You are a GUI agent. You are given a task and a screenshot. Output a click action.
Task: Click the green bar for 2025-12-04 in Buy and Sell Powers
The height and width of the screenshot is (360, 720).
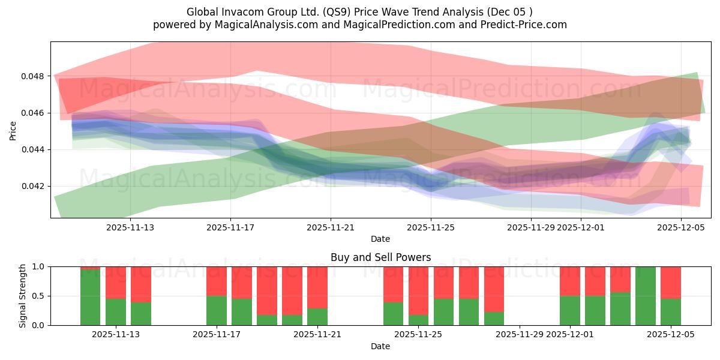[x=646, y=296]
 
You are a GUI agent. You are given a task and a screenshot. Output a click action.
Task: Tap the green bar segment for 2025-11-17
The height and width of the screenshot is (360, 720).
[x=217, y=310]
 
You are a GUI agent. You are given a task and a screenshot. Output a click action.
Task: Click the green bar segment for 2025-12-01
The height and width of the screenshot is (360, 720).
[x=570, y=310]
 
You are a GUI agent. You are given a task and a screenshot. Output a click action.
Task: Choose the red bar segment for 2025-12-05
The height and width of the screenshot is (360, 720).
[x=671, y=282]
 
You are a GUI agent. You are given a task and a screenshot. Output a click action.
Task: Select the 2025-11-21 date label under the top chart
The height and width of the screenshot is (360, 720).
[x=331, y=227]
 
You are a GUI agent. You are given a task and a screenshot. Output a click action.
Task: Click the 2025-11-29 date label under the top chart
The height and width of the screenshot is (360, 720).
[x=531, y=227]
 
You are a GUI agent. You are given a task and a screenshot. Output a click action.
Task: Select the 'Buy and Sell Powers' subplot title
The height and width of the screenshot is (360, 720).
[x=380, y=257]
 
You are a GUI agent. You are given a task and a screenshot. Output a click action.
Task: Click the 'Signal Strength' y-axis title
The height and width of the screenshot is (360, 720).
[x=23, y=296]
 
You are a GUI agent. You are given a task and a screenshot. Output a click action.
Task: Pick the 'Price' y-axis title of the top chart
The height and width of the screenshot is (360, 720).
[x=13, y=131]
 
